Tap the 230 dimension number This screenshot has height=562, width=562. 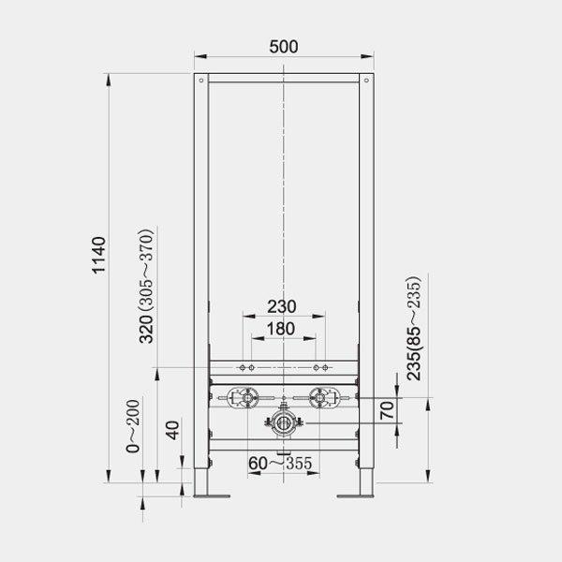coord(281,305)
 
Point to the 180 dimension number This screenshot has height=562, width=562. coord(281,328)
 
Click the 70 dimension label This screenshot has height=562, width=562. coord(385,409)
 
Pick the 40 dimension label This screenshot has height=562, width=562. coord(170,433)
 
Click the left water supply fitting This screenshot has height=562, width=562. coord(244,400)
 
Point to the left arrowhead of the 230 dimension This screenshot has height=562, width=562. coord(244,318)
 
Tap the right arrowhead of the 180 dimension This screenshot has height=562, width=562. coord(313,339)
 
